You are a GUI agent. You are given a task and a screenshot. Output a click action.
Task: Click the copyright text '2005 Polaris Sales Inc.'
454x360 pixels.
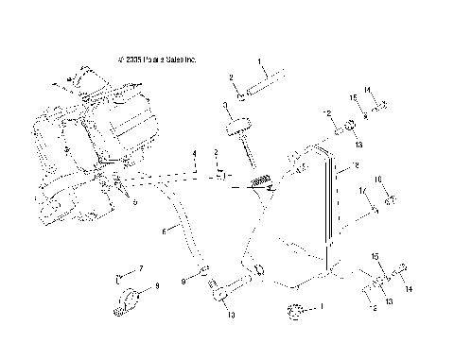pyautogui.click(x=157, y=57)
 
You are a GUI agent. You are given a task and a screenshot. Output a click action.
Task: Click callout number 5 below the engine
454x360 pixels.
pyautogui.click(x=134, y=201)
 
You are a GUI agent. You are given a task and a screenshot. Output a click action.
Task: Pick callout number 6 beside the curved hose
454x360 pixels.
pyautogui.click(x=165, y=230)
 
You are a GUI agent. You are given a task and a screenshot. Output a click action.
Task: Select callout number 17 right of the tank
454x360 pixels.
pyautogui.click(x=362, y=192)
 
